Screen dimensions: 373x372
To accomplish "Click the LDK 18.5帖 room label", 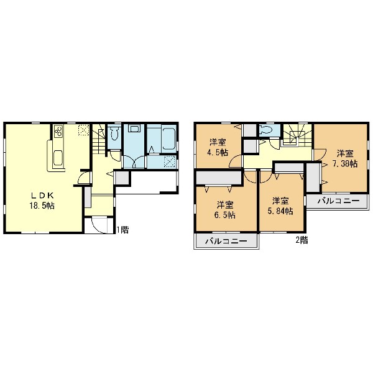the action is pyautogui.click(x=42, y=201).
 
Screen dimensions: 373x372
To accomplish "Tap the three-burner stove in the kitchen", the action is pyautogui.click(x=58, y=131).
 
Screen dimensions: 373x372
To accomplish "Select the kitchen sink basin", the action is pyautogui.click(x=58, y=158).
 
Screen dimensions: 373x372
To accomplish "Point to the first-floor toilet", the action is pyautogui.click(x=114, y=134).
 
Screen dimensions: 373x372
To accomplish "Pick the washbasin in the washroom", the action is pyautogui.click(x=134, y=129).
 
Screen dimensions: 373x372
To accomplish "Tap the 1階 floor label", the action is pyautogui.click(x=122, y=230).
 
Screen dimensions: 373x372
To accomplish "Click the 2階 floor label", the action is pyautogui.click(x=302, y=240).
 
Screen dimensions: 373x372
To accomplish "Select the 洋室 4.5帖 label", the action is pyautogui.click(x=218, y=147).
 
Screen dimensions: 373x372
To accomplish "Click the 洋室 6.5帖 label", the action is pyautogui.click(x=225, y=210).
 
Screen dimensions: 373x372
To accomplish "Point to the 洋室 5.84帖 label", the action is pyautogui.click(x=280, y=206).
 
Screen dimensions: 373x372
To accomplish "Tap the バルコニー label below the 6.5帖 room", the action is pyautogui.click(x=226, y=242).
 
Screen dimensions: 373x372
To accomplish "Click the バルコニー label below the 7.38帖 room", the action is pyautogui.click(x=339, y=201).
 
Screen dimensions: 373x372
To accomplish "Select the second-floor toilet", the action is pyautogui.click(x=265, y=130).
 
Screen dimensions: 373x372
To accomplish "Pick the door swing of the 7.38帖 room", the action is pyautogui.click(x=320, y=154).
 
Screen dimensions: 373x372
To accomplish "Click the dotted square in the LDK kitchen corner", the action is pyautogui.click(x=84, y=130).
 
